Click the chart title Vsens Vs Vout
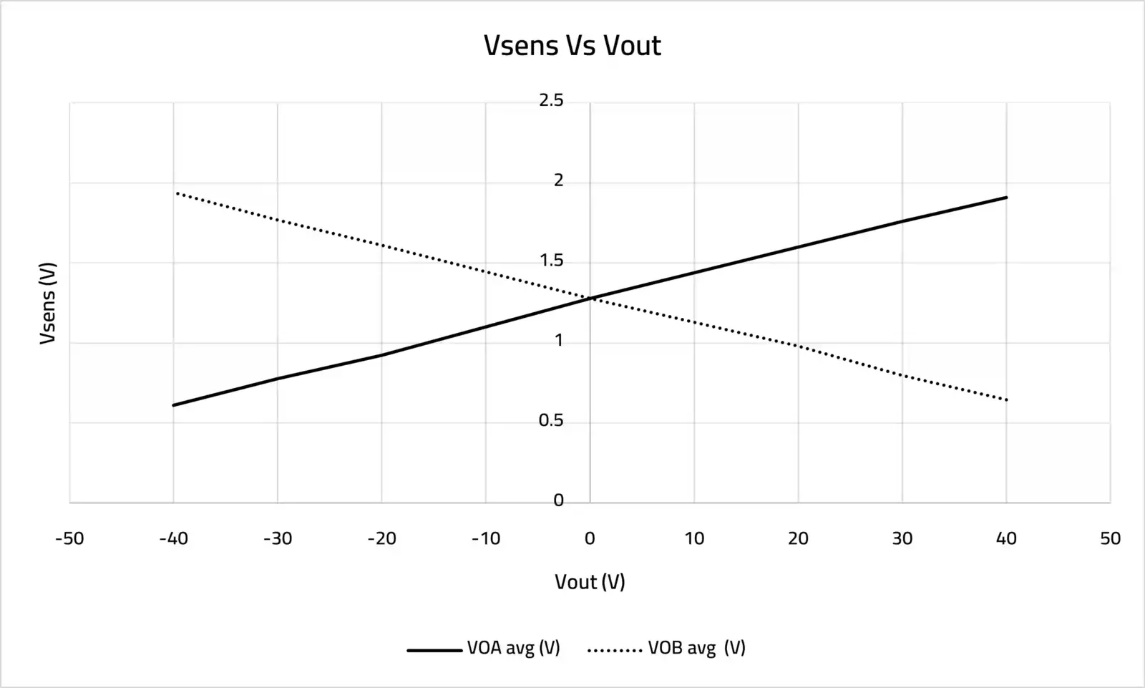click(x=572, y=46)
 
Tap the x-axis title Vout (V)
click(x=590, y=581)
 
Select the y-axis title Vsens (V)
click(x=48, y=303)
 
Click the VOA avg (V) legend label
click(x=513, y=648)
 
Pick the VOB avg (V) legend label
click(x=696, y=648)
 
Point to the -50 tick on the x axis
click(x=69, y=538)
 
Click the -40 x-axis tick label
click(x=173, y=538)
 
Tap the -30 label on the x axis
click(x=278, y=538)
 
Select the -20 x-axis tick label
click(x=381, y=538)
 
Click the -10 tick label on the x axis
click(x=486, y=538)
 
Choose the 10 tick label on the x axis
click(x=694, y=538)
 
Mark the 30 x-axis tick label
click(x=902, y=538)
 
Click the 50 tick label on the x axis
click(x=1110, y=538)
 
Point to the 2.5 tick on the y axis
click(x=551, y=101)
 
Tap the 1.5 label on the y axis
click(x=551, y=261)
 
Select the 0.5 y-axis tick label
click(x=551, y=421)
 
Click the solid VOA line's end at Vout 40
click(x=1006, y=197)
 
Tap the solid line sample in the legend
click(x=434, y=650)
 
